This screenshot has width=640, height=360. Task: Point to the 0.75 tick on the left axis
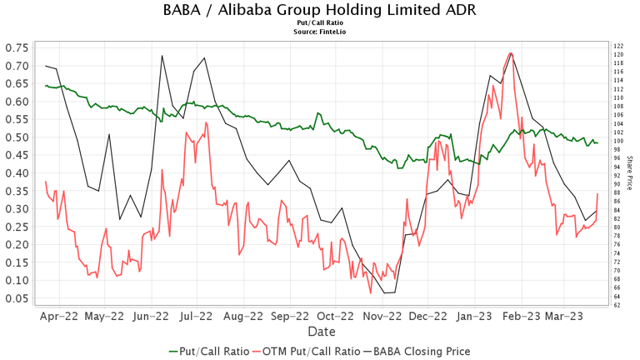17,47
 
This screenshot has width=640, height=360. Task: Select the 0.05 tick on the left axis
17,298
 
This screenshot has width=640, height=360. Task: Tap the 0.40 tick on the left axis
17,172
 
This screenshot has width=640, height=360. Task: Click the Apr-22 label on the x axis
57,317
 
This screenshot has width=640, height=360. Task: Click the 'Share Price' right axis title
630,173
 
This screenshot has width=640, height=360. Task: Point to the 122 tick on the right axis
618,46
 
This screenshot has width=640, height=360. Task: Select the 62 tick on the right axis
618,305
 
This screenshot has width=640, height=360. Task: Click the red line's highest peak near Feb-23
510,53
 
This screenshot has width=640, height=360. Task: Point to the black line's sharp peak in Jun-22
162,56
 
